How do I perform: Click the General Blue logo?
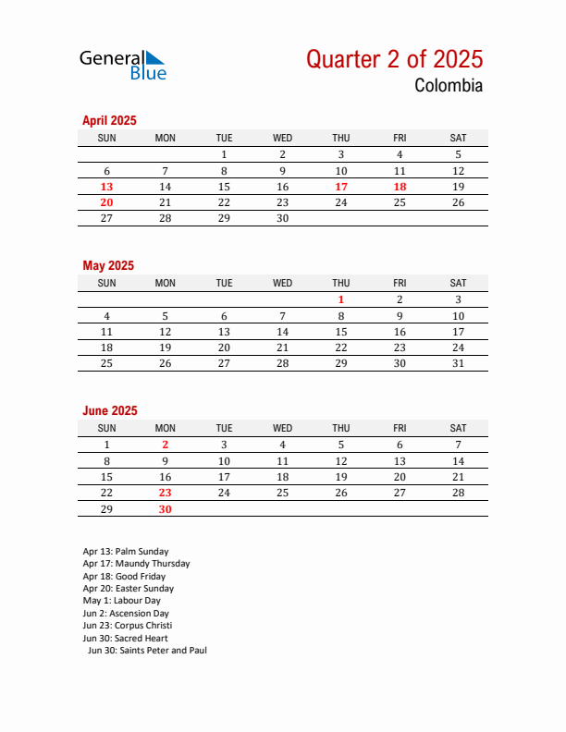pyautogui.click(x=122, y=64)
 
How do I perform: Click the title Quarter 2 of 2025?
pyautogui.click(x=394, y=59)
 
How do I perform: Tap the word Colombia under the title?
pyautogui.click(x=449, y=86)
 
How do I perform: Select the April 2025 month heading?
pyautogui.click(x=109, y=120)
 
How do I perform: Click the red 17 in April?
pyautogui.click(x=341, y=187)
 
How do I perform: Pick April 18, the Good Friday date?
pyautogui.click(x=400, y=187)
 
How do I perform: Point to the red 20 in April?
pyautogui.click(x=106, y=202)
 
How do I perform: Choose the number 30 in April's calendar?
pyautogui.click(x=282, y=218)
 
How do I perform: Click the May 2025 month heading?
pyautogui.click(x=108, y=265)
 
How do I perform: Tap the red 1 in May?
pyautogui.click(x=341, y=299)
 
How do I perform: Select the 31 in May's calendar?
pyautogui.click(x=458, y=363)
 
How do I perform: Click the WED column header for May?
pyautogui.click(x=282, y=283)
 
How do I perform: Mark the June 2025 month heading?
pyautogui.click(x=110, y=410)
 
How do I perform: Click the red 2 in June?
pyautogui.click(x=166, y=445)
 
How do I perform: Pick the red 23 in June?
pyautogui.click(x=166, y=493)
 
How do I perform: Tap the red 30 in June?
pyautogui.click(x=166, y=509)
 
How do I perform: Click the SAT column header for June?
pyautogui.click(x=458, y=428)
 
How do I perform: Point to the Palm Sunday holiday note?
pyautogui.click(x=126, y=552)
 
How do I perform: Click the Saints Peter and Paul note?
pyautogui.click(x=147, y=651)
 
